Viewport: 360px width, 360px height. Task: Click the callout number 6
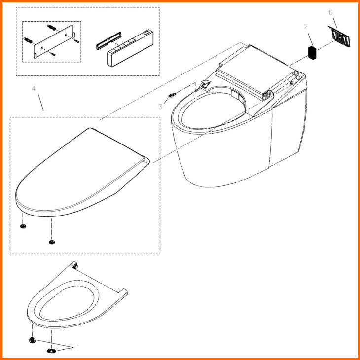[x=330, y=13]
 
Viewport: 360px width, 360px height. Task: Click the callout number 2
[x=306, y=27]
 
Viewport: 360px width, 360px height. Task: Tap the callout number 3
[x=160, y=107]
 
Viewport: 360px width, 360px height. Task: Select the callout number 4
[x=34, y=89]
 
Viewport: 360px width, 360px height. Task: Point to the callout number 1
[x=77, y=347]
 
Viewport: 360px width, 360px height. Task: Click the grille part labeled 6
[x=339, y=36]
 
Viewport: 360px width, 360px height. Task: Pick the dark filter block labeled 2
[x=312, y=53]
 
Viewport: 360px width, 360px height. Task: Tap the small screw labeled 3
[x=172, y=95]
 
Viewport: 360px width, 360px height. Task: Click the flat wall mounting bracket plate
[x=54, y=41]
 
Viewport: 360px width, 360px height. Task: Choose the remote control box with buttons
[x=130, y=48]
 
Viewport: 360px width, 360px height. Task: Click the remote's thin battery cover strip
[x=108, y=40]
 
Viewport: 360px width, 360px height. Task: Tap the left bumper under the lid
[x=23, y=226]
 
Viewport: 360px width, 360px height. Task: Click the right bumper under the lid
[x=52, y=242]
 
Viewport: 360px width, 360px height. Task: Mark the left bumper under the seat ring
[x=32, y=340]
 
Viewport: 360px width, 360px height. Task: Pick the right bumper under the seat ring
[x=51, y=350]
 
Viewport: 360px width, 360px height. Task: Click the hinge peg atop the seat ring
[x=75, y=266]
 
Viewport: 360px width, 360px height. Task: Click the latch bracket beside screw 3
[x=205, y=84]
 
